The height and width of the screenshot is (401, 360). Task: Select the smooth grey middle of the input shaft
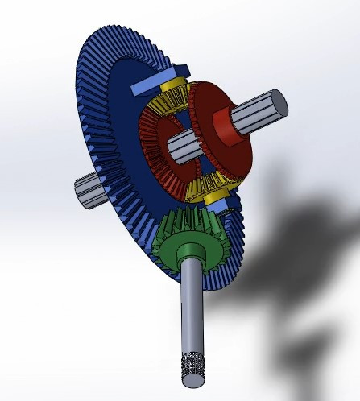click(192, 306)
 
